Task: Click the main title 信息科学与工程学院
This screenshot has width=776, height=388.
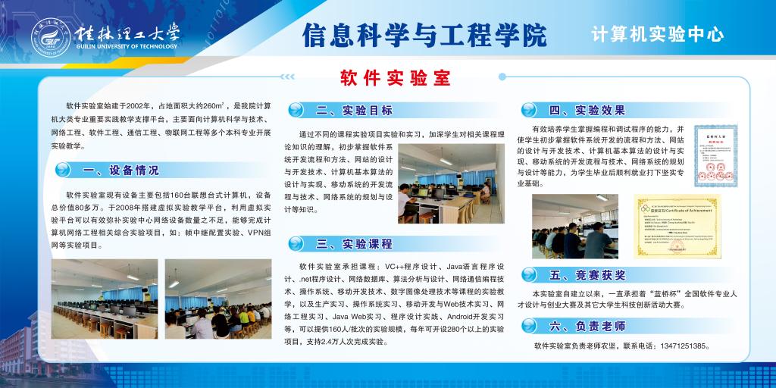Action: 424,34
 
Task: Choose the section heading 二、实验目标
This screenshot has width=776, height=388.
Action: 354,110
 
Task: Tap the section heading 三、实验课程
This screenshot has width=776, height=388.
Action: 354,243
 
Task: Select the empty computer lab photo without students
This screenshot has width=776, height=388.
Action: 104,289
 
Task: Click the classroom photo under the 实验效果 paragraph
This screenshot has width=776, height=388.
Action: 574,226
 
